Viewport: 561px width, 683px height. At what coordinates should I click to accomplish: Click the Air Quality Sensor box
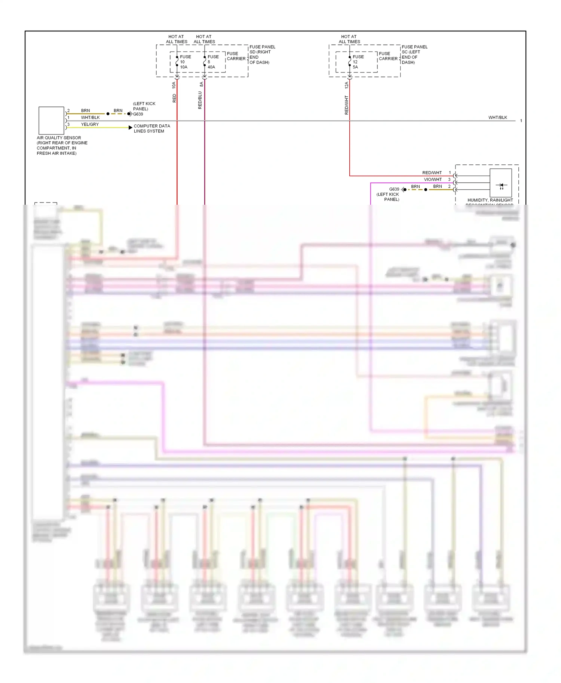click(51, 120)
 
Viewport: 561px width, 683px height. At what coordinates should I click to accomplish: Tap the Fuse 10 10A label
click(185, 62)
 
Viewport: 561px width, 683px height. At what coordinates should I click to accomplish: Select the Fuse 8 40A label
click(213, 62)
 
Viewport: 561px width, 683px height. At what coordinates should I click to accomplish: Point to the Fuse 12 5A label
click(358, 62)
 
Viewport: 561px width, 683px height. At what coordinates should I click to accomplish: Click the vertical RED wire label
click(174, 98)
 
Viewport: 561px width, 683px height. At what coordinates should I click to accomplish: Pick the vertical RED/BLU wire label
click(200, 100)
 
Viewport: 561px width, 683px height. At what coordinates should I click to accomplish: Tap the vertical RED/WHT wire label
click(347, 105)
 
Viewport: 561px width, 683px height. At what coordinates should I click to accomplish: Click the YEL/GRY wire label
click(90, 124)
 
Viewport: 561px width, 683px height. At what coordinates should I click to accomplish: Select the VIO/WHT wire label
click(433, 180)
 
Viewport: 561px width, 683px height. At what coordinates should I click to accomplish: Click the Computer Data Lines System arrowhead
click(130, 127)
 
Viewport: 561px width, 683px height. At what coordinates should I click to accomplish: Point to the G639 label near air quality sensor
click(138, 114)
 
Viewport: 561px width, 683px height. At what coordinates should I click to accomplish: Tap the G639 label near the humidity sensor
click(394, 189)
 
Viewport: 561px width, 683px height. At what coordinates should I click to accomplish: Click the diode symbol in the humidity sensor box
click(501, 185)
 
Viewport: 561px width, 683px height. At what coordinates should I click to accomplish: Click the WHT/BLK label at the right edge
click(497, 117)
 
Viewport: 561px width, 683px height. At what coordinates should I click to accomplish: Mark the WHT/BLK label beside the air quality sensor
click(90, 117)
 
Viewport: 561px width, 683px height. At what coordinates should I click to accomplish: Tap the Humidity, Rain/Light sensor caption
click(490, 201)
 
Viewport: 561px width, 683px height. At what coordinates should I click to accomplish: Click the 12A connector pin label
click(347, 85)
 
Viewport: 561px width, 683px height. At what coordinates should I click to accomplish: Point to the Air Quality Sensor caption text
click(62, 145)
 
